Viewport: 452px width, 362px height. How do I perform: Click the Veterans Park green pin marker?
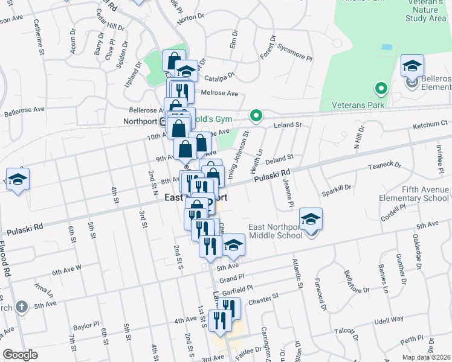381,89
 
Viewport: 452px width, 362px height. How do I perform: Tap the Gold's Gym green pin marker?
256,115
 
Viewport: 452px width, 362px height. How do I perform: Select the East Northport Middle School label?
275,231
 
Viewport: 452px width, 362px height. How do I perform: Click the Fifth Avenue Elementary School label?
414,194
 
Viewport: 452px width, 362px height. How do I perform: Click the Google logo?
21,355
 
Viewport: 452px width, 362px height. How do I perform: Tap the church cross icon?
21,307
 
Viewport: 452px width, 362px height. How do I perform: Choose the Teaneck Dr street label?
385,165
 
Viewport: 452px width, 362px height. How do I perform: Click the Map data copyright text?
426,356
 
